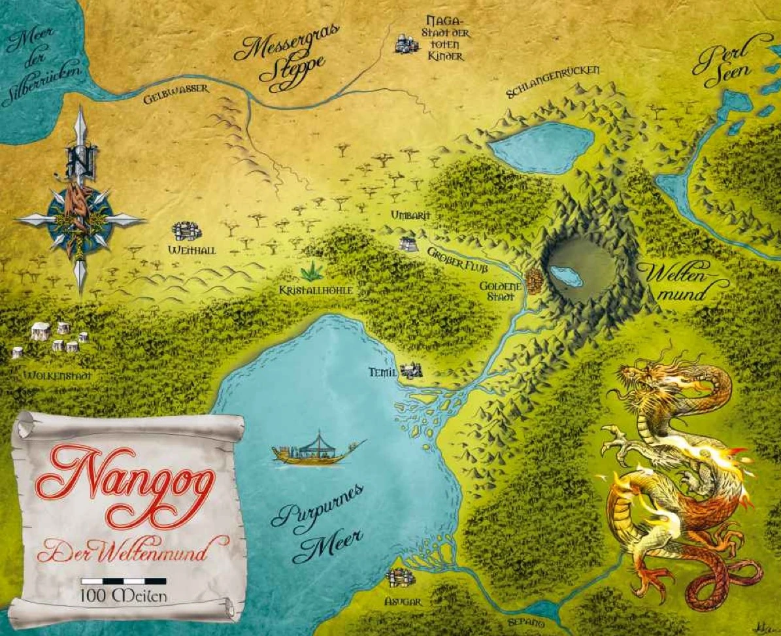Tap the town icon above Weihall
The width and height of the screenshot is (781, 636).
coord(186,231)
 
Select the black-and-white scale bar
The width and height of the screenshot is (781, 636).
coord(123,580)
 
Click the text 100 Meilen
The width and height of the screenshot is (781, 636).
coord(124,595)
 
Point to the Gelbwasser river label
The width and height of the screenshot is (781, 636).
coord(176,93)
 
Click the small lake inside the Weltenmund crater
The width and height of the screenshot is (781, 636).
coord(565,276)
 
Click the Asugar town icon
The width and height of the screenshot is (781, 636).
coord(400,578)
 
